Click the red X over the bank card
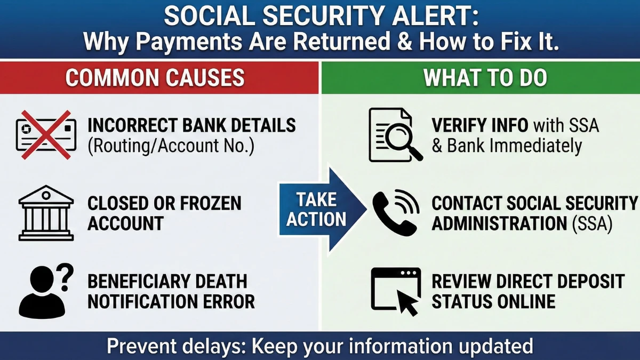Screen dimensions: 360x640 [45, 135]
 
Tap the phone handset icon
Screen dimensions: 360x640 [395, 213]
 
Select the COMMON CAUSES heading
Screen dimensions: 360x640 [155, 78]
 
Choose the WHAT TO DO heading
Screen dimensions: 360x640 [485, 78]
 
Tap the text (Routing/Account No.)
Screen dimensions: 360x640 [171, 146]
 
